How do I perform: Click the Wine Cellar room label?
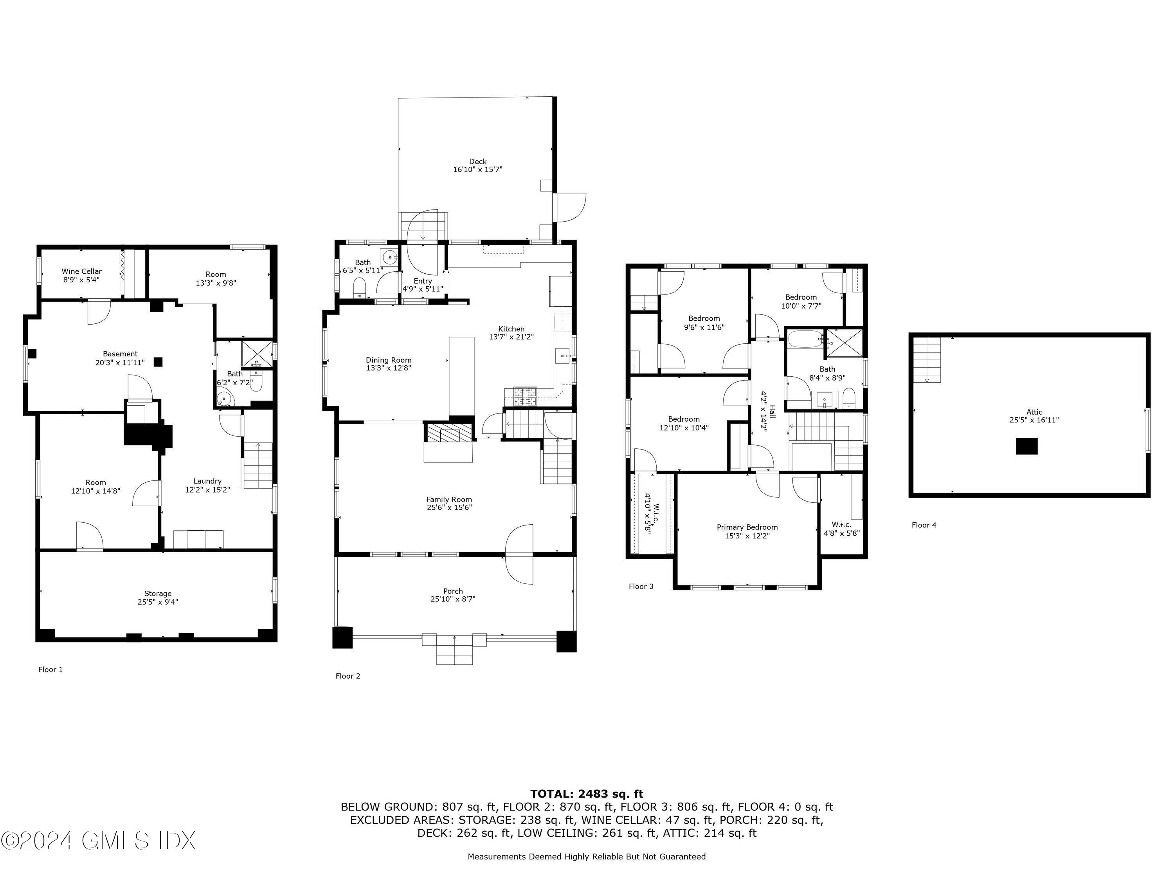coord(82,271)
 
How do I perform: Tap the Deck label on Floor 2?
coord(478,161)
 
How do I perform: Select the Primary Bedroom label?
coord(747,527)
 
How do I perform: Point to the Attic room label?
coord(1034,412)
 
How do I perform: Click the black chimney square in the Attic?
coord(1026,446)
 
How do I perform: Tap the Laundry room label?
coord(207,481)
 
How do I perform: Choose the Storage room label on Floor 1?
coord(158,594)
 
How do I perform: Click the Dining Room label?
coord(389,360)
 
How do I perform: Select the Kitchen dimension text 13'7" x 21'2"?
coord(511,337)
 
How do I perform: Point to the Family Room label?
coord(449,499)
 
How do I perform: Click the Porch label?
coord(453,591)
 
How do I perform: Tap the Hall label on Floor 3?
coord(772,411)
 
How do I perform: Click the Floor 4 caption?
coord(924,525)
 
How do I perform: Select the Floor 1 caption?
coord(50,670)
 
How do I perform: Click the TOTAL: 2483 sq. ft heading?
coord(587,794)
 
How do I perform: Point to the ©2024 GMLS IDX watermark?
coord(99,840)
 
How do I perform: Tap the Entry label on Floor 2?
coord(423,281)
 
